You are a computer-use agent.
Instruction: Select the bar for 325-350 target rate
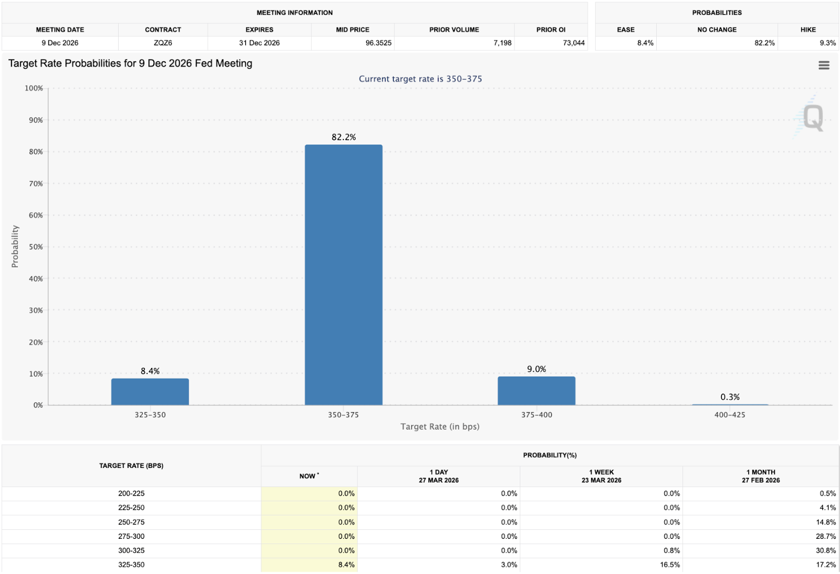click(x=150, y=392)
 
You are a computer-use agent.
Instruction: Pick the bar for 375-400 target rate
click(x=536, y=391)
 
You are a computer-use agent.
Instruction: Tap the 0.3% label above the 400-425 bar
click(x=730, y=397)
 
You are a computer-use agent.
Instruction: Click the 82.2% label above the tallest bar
click(x=343, y=137)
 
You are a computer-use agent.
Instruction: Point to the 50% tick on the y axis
click(x=36, y=247)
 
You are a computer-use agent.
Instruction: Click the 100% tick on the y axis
click(x=34, y=88)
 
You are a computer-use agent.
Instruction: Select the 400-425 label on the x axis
click(x=729, y=415)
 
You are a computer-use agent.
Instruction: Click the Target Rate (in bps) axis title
click(x=440, y=426)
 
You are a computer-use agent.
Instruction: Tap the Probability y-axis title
click(x=15, y=247)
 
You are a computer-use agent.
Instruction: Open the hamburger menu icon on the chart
click(x=824, y=65)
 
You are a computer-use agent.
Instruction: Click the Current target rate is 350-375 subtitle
click(x=420, y=79)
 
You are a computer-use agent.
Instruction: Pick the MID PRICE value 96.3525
click(x=378, y=43)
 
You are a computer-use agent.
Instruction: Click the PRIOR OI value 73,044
click(x=573, y=43)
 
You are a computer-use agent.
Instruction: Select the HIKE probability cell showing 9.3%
click(x=827, y=43)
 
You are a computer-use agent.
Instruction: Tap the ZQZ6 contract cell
click(x=163, y=43)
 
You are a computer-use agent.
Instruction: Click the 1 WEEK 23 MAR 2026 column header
click(x=601, y=476)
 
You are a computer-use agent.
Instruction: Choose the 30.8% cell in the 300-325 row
click(x=825, y=550)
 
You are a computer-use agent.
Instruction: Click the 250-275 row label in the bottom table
click(x=131, y=522)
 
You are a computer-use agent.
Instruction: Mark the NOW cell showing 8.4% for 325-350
click(x=346, y=565)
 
